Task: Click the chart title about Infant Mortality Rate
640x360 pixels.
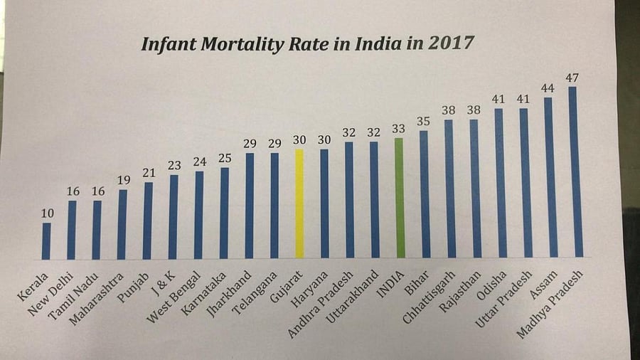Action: click(x=306, y=44)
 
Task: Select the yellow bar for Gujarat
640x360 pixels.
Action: click(x=299, y=203)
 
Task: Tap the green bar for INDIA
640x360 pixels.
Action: click(x=400, y=197)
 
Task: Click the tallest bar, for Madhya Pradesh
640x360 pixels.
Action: click(x=573, y=171)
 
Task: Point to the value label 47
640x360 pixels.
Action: click(x=572, y=77)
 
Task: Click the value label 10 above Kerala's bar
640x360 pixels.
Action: click(x=46, y=212)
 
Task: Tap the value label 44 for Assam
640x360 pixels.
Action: click(x=548, y=88)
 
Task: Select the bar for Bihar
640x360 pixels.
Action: click(x=425, y=194)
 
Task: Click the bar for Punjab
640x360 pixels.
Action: click(x=148, y=221)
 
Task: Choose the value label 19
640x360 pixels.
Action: click(x=122, y=179)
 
